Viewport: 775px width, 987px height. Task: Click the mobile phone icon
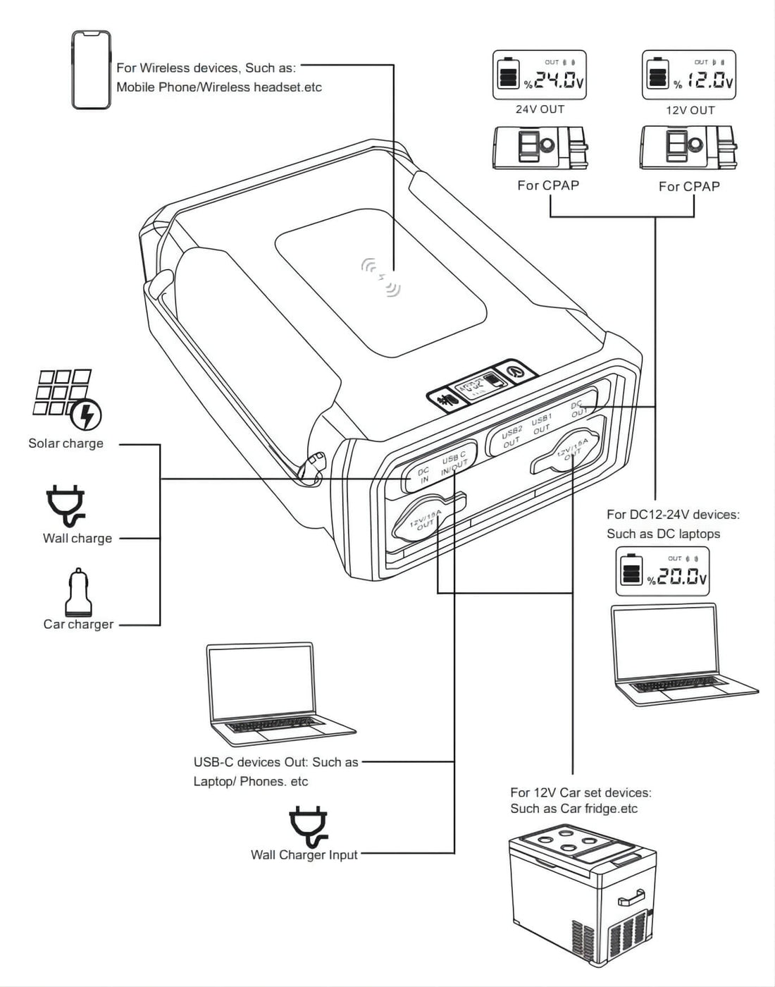91,70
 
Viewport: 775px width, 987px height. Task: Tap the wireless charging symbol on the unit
380,276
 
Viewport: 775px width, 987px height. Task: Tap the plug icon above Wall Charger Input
308,826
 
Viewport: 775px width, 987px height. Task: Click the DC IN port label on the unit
423,475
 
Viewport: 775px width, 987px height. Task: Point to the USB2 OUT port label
511,436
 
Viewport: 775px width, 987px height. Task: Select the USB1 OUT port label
541,424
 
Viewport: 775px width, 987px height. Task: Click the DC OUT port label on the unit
578,409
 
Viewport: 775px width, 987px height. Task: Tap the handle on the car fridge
631,897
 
